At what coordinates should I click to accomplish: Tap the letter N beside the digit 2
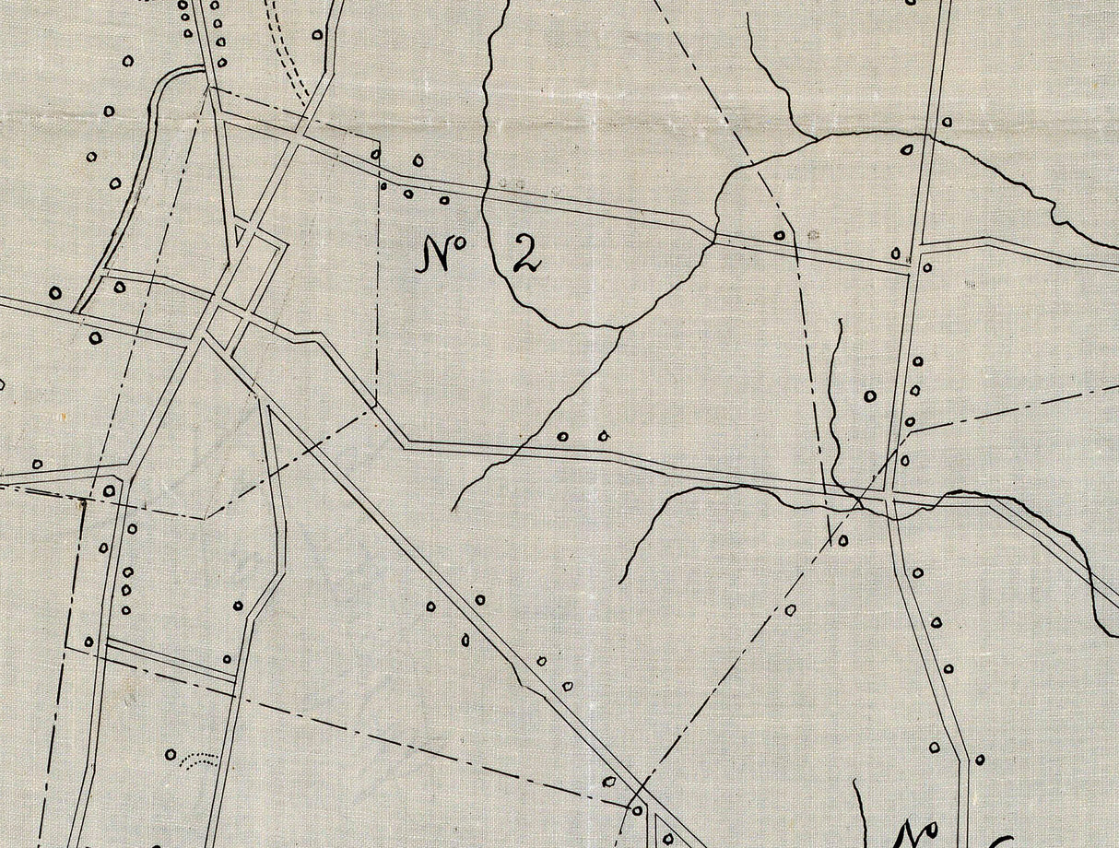click(436, 254)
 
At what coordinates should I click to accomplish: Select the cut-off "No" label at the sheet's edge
click(913, 830)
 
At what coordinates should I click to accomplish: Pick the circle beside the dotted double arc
click(171, 754)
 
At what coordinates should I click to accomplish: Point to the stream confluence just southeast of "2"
click(624, 325)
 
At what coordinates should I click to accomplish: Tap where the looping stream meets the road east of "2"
click(713, 238)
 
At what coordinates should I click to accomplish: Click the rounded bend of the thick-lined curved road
click(175, 76)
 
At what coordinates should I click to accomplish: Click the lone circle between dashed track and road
click(316, 35)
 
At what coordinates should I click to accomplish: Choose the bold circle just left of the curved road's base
click(55, 293)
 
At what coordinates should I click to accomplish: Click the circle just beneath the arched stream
click(906, 148)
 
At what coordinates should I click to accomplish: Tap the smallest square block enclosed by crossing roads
click(224, 322)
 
